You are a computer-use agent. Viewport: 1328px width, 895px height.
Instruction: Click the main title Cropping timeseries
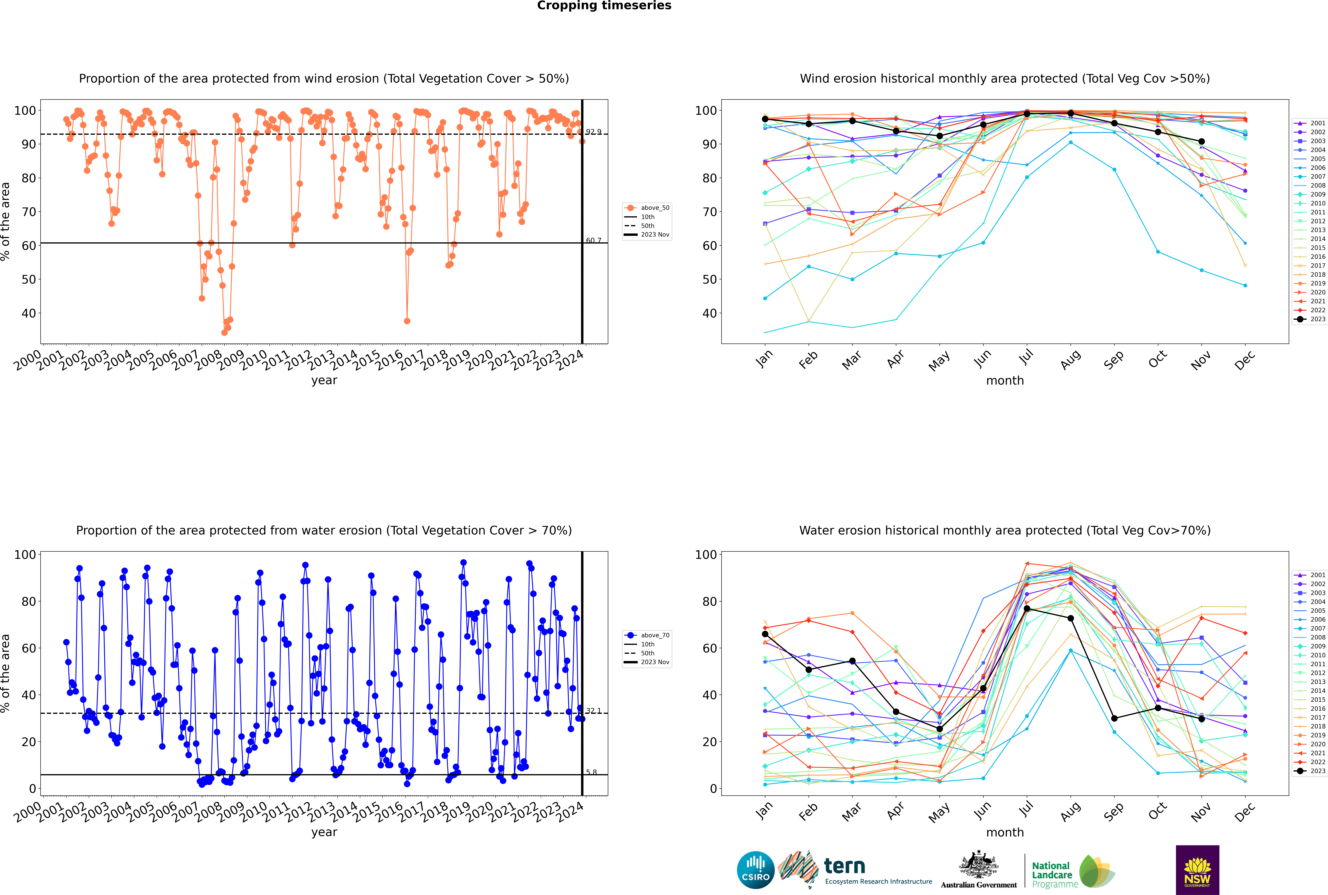(x=604, y=6)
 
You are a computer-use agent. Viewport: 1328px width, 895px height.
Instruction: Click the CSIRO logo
(x=755, y=870)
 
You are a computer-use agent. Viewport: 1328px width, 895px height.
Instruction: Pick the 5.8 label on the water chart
(x=592, y=772)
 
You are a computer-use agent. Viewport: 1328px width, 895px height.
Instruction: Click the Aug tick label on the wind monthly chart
(x=1071, y=360)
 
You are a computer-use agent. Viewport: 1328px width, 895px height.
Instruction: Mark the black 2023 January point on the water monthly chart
(x=765, y=634)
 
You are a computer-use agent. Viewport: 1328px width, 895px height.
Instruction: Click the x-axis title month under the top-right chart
(x=1005, y=381)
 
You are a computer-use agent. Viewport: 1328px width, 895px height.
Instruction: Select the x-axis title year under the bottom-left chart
(x=324, y=832)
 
